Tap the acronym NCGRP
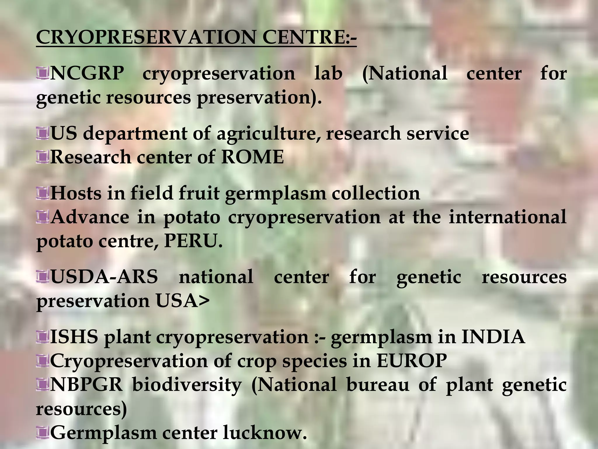87,73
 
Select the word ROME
252,157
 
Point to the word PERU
191,241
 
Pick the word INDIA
493,337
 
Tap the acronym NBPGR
86,385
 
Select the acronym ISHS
74,337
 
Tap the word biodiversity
187,385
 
